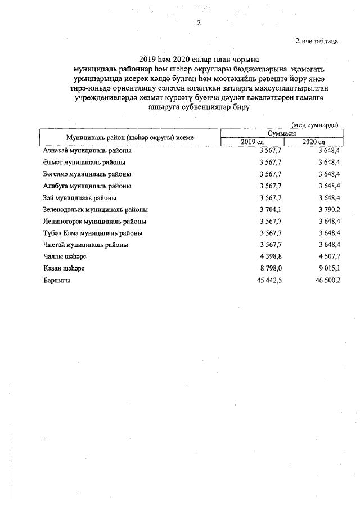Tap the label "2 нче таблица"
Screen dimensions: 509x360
(317, 40)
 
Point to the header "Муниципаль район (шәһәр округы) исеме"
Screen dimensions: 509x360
(130, 137)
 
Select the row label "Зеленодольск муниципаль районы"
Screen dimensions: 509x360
(96, 209)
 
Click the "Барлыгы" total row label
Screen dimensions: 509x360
(56, 280)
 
